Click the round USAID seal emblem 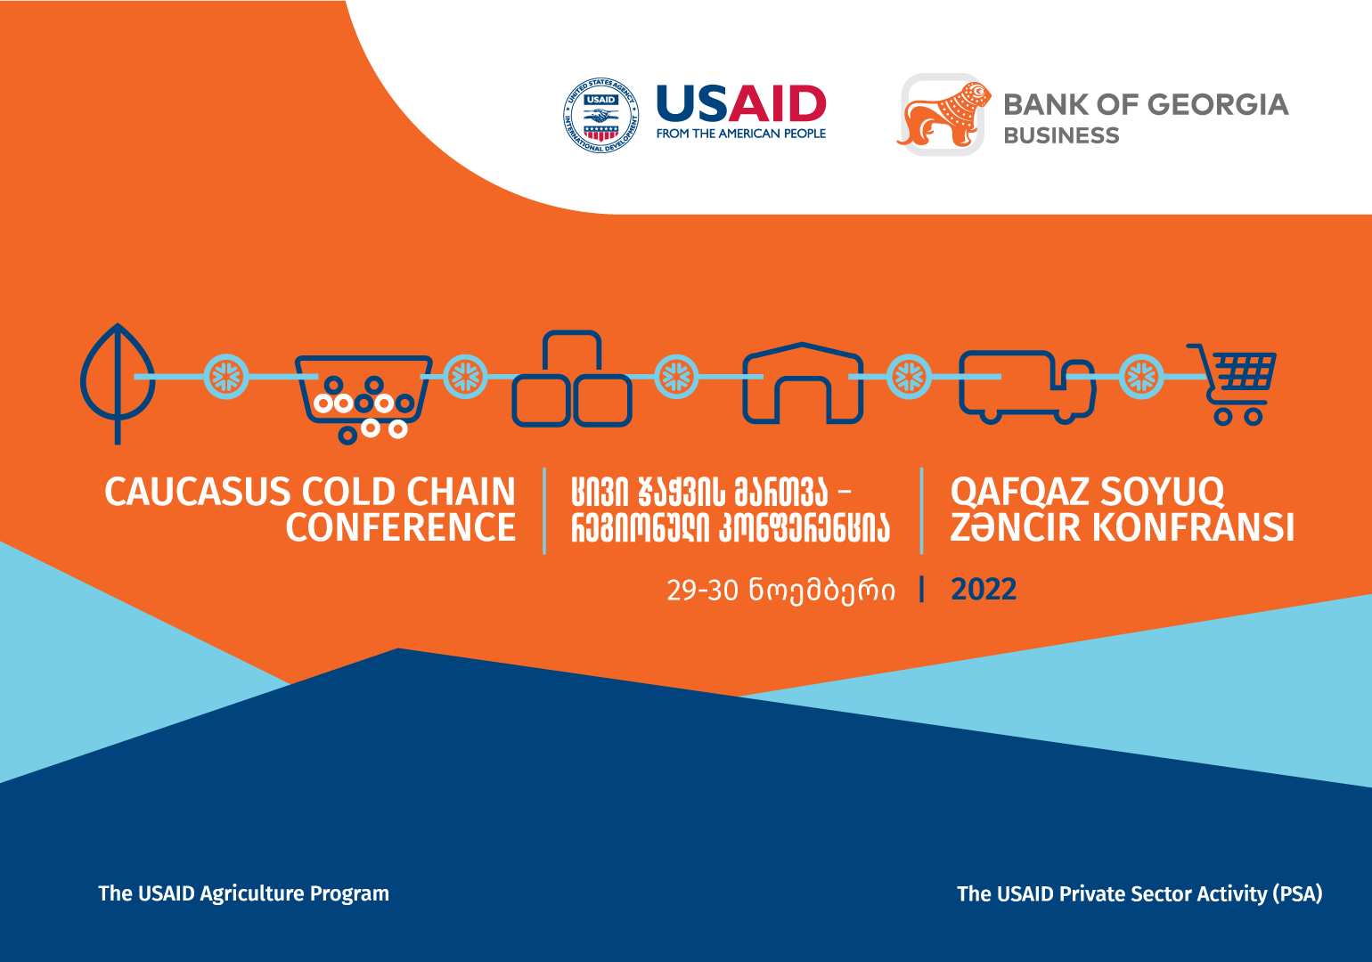[x=600, y=115]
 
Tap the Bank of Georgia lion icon [x=943, y=115]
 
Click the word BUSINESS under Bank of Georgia [x=1061, y=135]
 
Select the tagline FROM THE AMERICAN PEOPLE [x=741, y=134]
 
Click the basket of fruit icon [x=363, y=399]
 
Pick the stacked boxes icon [x=571, y=379]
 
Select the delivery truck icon [x=1027, y=387]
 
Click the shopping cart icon [x=1232, y=385]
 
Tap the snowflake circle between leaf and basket [x=226, y=377]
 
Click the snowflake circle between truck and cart [x=1141, y=377]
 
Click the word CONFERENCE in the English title [x=401, y=528]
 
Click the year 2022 [x=984, y=590]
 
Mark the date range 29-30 [x=703, y=591]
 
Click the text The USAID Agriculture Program [x=244, y=893]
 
